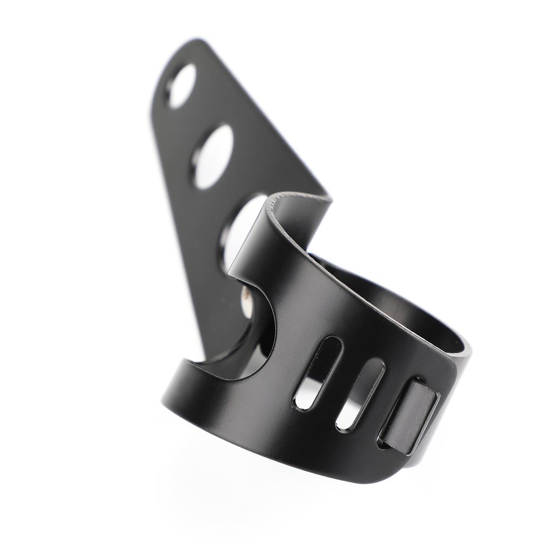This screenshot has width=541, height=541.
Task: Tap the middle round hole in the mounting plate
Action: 213,156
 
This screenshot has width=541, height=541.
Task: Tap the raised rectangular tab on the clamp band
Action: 410,417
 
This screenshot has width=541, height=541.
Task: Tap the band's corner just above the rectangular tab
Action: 449,365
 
